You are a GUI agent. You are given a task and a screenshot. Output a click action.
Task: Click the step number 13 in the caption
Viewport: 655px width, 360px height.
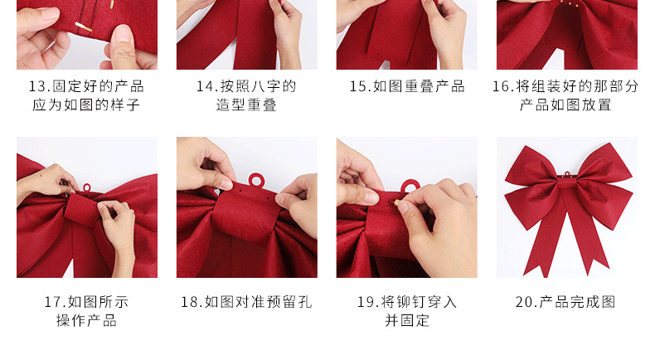tap(38, 86)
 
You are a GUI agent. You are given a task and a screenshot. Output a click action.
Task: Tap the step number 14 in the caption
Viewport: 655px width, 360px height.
tap(205, 86)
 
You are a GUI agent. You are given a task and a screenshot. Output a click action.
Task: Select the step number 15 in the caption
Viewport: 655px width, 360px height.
tap(359, 86)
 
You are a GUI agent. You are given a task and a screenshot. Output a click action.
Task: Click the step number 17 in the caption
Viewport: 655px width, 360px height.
tap(54, 302)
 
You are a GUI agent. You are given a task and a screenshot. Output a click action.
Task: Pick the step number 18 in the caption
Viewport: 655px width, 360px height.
tap(191, 302)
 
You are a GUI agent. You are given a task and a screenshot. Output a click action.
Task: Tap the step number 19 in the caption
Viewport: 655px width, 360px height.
tap(367, 302)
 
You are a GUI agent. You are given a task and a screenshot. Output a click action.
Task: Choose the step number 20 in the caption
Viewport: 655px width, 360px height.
tap(525, 302)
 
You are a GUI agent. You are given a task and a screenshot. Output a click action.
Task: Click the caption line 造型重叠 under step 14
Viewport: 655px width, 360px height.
tap(246, 105)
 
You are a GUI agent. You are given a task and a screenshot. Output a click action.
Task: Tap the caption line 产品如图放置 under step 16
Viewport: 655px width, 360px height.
tap(566, 105)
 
